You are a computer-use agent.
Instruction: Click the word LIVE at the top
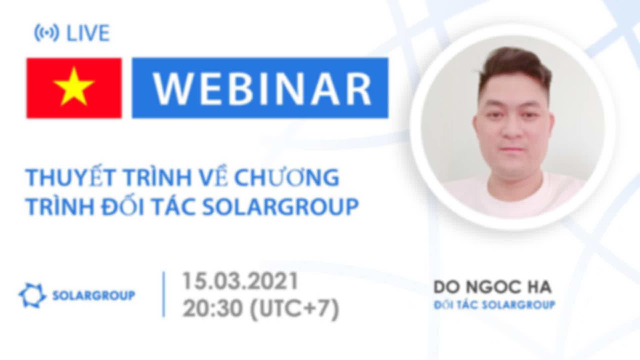(x=88, y=33)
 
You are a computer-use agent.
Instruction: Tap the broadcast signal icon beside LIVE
(x=47, y=33)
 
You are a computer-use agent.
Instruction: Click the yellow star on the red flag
(x=74, y=87)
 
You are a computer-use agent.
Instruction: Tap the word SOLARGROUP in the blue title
(x=280, y=207)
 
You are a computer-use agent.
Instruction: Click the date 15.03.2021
(x=240, y=281)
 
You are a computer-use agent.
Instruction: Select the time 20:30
(x=212, y=308)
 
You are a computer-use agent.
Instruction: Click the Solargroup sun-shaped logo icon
(x=32, y=295)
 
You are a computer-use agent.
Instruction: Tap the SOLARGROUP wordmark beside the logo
(x=94, y=295)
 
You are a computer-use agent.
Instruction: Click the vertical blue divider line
(x=164, y=294)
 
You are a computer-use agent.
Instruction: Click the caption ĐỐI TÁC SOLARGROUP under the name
(x=494, y=305)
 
